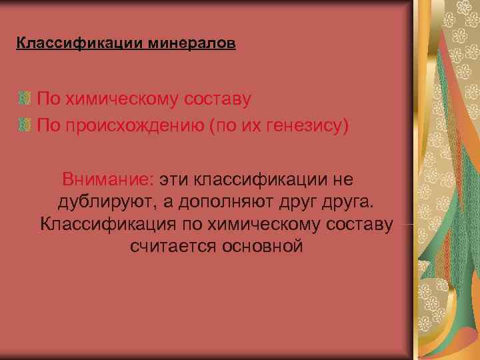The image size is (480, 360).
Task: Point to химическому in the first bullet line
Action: [x=119, y=99]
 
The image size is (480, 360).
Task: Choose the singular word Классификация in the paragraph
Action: [x=107, y=224]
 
